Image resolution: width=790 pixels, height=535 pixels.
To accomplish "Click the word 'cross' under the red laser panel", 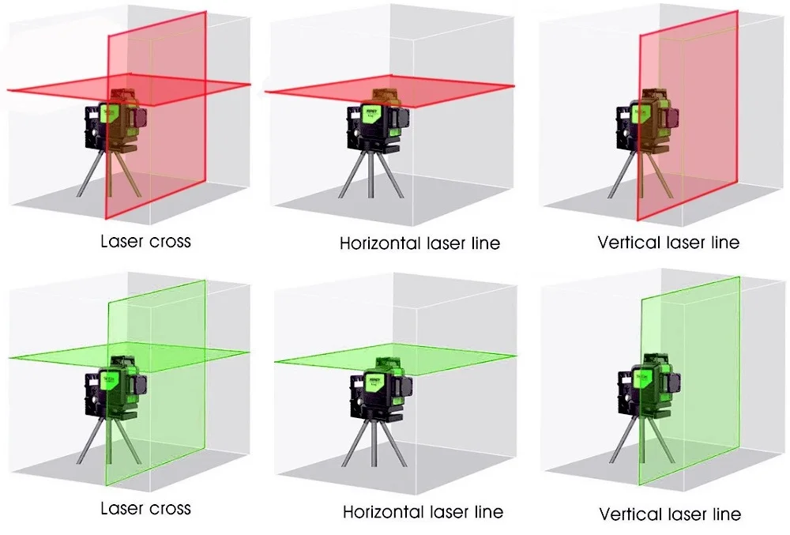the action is point(170,240).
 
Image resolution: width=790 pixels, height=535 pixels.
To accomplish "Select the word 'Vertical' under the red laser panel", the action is point(630,242).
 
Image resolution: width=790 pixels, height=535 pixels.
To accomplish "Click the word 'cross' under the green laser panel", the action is point(170,507).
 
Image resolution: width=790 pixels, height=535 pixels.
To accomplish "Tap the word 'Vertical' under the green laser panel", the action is point(631,514).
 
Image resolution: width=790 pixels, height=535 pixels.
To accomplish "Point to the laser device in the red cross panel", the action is point(115,122).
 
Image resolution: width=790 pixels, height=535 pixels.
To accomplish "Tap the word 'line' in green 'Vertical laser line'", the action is point(724,514).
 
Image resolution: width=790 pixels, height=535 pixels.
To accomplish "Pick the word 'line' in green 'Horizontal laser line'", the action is point(486,512).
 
